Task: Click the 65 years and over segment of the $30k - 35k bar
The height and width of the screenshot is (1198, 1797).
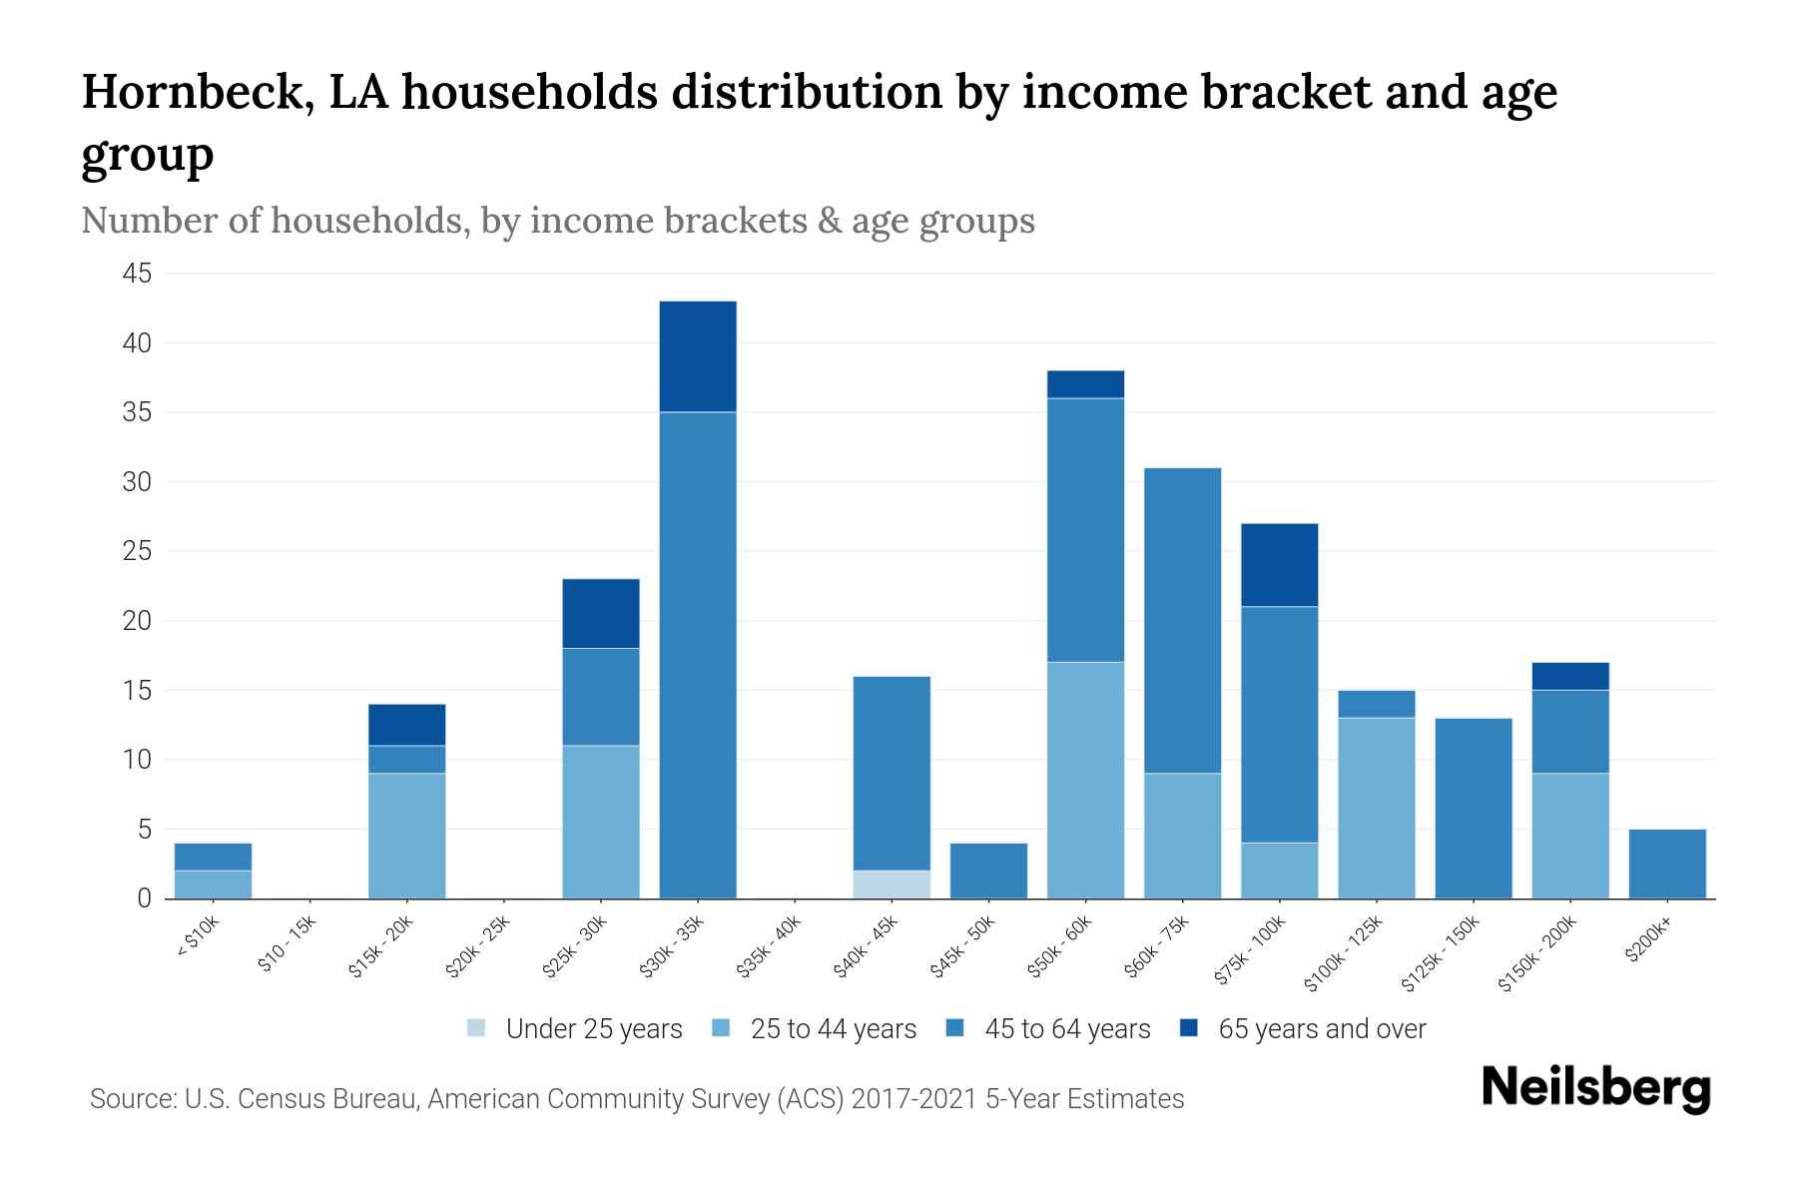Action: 698,356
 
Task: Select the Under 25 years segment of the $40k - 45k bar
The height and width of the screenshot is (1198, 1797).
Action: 892,885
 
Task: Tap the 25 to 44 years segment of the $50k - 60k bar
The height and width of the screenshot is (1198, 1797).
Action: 1085,780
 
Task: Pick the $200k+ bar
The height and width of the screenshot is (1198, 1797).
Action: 1666,864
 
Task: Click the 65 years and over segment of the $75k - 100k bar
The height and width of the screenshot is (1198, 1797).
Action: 1279,565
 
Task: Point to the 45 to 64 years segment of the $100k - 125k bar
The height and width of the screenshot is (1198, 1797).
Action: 1376,704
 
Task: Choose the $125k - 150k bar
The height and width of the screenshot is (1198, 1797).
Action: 1473,808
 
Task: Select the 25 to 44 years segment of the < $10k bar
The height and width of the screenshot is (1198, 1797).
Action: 213,885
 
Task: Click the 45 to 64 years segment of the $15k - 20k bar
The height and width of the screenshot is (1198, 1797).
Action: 406,759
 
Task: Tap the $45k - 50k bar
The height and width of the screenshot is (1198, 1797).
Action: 988,871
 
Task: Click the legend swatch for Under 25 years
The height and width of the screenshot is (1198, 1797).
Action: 477,1028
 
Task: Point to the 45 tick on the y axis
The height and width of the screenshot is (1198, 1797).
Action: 138,274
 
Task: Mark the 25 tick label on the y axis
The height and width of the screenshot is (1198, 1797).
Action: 138,551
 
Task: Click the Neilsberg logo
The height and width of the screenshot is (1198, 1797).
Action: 1595,1088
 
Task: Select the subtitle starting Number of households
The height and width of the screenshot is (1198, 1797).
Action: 557,221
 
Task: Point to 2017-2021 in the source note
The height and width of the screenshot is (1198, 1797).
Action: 914,1099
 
